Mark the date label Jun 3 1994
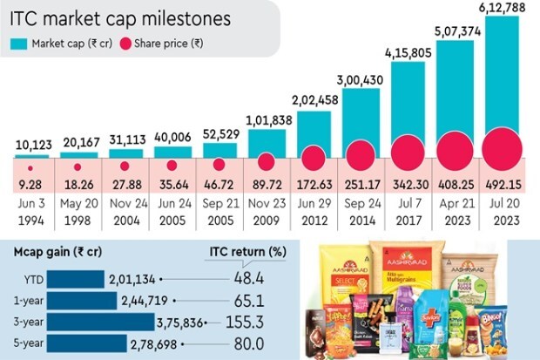[31, 215]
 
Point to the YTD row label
[28, 278]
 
